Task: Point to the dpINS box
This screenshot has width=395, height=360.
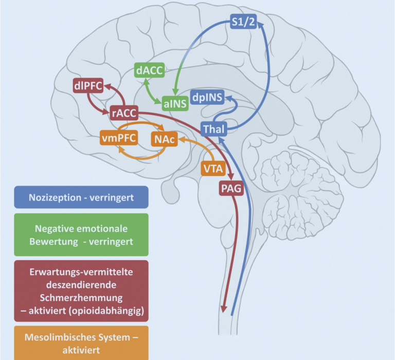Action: (207, 96)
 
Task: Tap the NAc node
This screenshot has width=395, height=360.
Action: (164, 138)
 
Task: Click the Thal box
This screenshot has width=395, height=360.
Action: (213, 129)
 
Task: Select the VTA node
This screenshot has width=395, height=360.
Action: (213, 168)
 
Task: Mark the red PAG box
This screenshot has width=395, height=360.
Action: (230, 188)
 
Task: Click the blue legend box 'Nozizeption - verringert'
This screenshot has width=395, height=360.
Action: (81, 197)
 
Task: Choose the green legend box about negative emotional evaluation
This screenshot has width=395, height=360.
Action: (81, 235)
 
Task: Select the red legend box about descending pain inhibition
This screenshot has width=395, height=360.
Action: (81, 290)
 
